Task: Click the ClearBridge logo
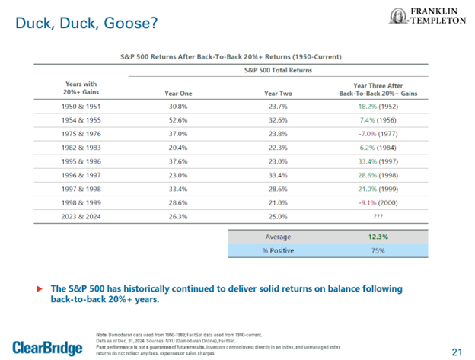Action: (47, 347)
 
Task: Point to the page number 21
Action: (456, 351)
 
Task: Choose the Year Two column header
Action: (278, 93)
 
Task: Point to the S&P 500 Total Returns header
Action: (278, 70)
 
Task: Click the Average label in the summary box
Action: (278, 237)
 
